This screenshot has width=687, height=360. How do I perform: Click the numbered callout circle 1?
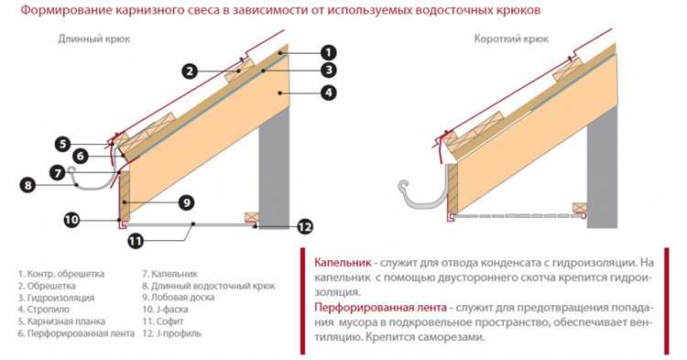click(x=328, y=52)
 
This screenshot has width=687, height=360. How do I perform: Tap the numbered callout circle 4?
click(x=328, y=93)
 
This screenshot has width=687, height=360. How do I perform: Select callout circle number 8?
click(x=28, y=185)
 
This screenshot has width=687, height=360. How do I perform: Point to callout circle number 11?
click(x=136, y=240)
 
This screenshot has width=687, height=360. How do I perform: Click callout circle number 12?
click(x=304, y=226)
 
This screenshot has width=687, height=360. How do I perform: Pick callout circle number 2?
click(x=190, y=71)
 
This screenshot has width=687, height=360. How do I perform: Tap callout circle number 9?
click(x=187, y=202)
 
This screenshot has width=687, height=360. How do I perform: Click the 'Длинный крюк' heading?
click(x=94, y=39)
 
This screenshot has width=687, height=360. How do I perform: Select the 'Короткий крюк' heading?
click(x=511, y=39)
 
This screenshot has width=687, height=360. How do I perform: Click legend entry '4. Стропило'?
click(x=44, y=310)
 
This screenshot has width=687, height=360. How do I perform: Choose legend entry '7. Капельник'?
click(x=170, y=274)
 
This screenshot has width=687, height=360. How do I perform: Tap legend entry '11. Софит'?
click(x=163, y=321)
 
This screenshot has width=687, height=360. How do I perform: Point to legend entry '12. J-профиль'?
click(x=172, y=333)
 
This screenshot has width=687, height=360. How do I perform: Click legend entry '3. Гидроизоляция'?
click(x=56, y=298)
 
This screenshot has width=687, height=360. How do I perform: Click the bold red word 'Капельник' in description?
click(x=343, y=263)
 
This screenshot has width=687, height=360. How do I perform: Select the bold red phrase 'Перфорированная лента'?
click(x=380, y=308)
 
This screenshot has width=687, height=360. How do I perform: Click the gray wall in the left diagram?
click(x=274, y=169)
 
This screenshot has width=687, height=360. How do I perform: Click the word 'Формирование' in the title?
click(x=66, y=10)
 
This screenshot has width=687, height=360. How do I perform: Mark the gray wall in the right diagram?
click(x=603, y=169)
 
